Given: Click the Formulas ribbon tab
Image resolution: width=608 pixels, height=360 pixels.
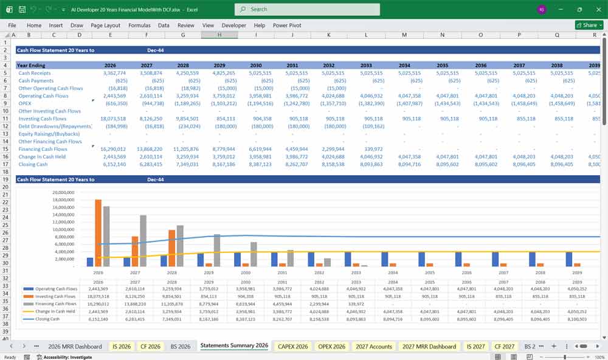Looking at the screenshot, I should click(x=139, y=26).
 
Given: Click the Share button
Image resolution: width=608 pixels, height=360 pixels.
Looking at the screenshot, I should click(x=587, y=25).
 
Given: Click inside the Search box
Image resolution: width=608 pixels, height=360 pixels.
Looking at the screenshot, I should click(x=307, y=9).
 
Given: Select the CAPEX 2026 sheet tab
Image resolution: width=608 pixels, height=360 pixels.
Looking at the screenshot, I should click(x=292, y=346).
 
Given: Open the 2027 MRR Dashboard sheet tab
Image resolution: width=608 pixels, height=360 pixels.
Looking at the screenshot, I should click(x=430, y=346).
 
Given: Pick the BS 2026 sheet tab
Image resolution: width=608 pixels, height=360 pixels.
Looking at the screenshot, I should click(x=181, y=346).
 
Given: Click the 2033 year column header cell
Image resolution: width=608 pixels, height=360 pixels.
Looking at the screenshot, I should click(x=366, y=65).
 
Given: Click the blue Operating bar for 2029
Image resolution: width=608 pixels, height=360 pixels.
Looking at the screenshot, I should click(x=201, y=260).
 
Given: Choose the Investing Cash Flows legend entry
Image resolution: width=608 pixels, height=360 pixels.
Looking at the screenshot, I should click(x=55, y=296).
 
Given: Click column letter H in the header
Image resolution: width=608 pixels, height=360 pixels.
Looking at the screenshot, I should click(x=219, y=35).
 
